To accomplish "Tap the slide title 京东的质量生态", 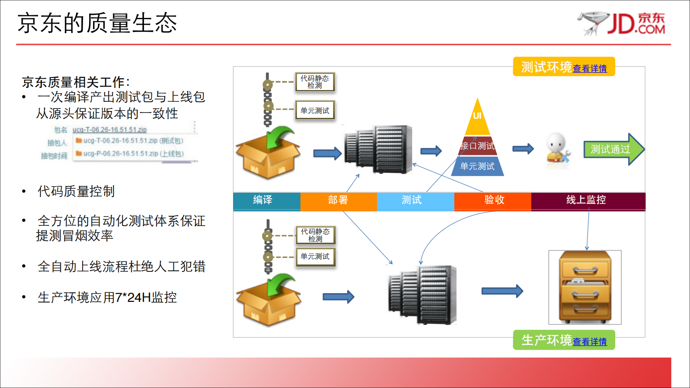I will click(x=97, y=23).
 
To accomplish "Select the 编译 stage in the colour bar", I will click(x=263, y=200).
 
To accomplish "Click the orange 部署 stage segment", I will click(x=338, y=200).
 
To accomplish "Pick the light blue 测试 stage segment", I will click(x=411, y=200).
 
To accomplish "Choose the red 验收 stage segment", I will click(x=494, y=200).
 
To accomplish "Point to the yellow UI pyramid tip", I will click(x=477, y=117).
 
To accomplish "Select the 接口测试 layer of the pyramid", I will click(x=477, y=146).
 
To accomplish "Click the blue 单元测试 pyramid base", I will click(x=477, y=166).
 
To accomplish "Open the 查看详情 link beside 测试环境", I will click(x=590, y=69).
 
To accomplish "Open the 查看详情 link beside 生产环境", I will click(x=590, y=342).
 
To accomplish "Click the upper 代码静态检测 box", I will click(x=315, y=82).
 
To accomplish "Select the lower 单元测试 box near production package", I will click(x=315, y=257).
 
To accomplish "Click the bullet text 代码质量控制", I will click(x=76, y=191).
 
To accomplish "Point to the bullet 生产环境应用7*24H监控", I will click(x=107, y=298).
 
